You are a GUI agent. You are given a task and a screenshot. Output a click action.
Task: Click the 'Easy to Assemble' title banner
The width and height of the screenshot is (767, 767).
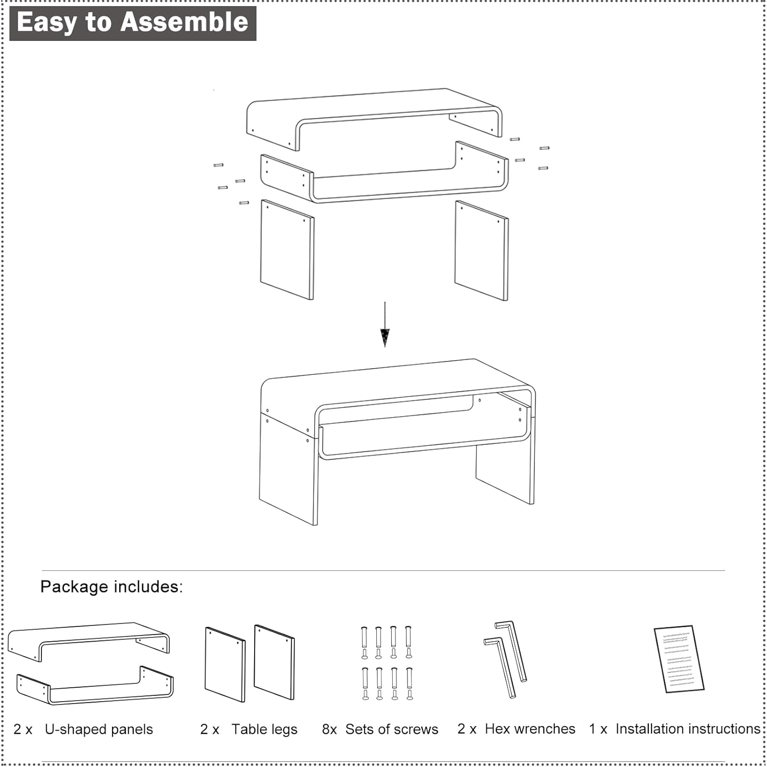point(133,23)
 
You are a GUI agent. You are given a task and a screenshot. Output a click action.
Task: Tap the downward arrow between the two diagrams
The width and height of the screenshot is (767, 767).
point(385,324)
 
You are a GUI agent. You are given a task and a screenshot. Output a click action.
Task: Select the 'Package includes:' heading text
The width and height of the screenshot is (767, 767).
point(111,586)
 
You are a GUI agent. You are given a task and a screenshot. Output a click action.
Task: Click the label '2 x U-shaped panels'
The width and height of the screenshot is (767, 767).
point(83,729)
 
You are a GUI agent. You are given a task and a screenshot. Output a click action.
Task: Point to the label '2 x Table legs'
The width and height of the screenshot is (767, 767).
point(249,729)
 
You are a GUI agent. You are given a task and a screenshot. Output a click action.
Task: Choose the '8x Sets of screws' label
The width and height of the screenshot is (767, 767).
point(380,729)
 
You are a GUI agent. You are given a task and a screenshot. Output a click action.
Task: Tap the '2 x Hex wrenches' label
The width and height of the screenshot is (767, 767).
point(516,729)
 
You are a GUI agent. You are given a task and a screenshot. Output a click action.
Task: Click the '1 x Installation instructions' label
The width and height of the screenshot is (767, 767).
point(674,729)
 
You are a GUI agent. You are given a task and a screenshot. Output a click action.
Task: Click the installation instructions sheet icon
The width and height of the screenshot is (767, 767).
point(680,659)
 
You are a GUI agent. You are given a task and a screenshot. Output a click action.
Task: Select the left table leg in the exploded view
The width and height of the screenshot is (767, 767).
point(287,250)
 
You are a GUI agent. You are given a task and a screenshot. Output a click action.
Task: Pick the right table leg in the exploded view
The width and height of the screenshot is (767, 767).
point(482,251)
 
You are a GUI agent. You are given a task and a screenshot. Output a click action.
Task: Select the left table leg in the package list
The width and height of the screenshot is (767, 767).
point(225,664)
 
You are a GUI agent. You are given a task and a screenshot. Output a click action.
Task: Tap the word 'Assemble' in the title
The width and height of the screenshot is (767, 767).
point(184,22)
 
